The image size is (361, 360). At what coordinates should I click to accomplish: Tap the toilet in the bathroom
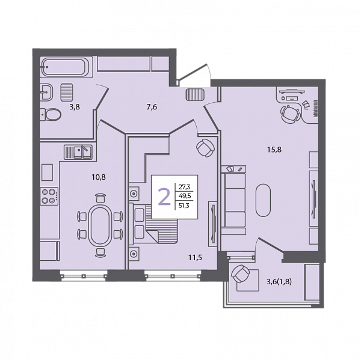pos(51,114)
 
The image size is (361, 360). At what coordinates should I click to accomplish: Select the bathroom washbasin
pos(46,92)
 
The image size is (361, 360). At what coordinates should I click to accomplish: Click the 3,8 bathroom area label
pos(75,107)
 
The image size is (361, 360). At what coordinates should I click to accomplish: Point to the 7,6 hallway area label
pos(152,107)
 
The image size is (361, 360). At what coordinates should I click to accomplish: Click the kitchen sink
pos(78,152)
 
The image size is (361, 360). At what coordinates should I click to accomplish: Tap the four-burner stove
pos(49,196)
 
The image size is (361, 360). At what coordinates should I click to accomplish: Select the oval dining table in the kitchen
pos(100,226)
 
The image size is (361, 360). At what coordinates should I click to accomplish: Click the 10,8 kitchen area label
pos(99,177)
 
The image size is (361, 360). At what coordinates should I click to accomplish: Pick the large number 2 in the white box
pos(164,197)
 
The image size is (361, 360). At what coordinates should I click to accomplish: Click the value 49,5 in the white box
pos(185,196)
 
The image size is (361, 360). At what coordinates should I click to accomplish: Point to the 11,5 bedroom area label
pos(195,258)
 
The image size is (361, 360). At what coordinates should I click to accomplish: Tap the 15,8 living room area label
pos(274,150)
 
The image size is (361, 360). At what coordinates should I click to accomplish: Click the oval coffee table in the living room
pos(264,200)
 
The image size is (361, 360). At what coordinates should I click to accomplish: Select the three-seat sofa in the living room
pos(233,200)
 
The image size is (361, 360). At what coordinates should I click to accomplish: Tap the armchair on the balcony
pos(241,273)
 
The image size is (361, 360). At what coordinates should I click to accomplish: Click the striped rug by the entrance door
pos(195,94)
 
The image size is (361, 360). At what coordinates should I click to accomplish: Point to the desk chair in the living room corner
pos(291,114)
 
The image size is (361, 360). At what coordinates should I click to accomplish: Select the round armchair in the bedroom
pos(206,148)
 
